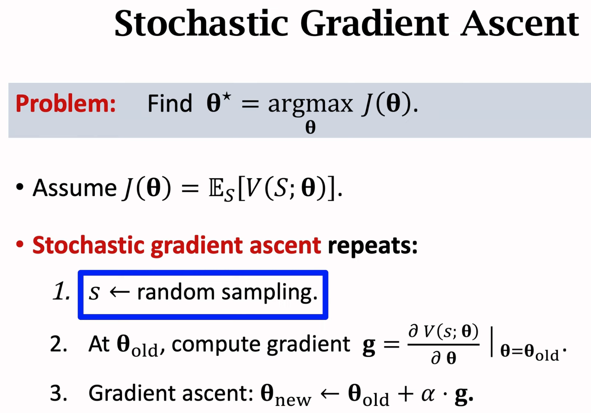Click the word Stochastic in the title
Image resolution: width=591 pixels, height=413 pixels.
pos(201,24)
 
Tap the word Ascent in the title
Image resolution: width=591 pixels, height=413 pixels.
pos(520,24)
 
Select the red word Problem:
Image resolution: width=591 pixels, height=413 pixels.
pos(66,104)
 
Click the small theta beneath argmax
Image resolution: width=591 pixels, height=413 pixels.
pos(310,127)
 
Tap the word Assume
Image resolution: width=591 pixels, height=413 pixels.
pos(75,188)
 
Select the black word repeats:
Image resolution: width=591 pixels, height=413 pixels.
pos(372,246)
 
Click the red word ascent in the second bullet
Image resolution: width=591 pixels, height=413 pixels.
pos(285,246)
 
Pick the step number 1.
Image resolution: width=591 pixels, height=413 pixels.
pos(62,292)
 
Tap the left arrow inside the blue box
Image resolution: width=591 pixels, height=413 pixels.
pos(120,292)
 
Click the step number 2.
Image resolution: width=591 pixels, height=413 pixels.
pos(59,344)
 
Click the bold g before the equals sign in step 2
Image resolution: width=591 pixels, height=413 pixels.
pos(369,346)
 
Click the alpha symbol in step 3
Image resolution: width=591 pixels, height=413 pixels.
pos(428,395)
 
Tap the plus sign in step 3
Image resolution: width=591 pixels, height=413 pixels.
pos(405,394)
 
